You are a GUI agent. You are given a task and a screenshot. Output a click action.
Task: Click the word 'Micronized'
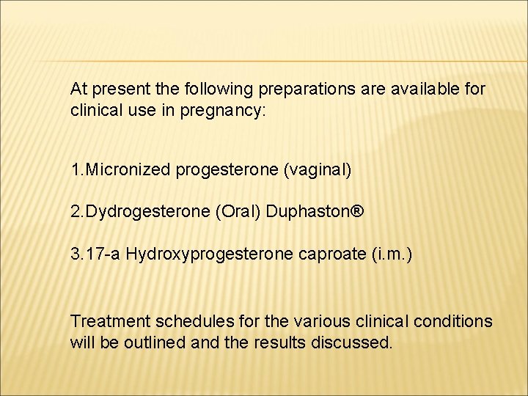point(130,170)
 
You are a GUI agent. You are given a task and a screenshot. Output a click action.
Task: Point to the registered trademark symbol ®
point(357,212)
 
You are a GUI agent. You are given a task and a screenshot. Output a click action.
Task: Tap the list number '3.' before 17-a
point(76,254)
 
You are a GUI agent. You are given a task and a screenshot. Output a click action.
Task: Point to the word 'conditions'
point(453,321)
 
